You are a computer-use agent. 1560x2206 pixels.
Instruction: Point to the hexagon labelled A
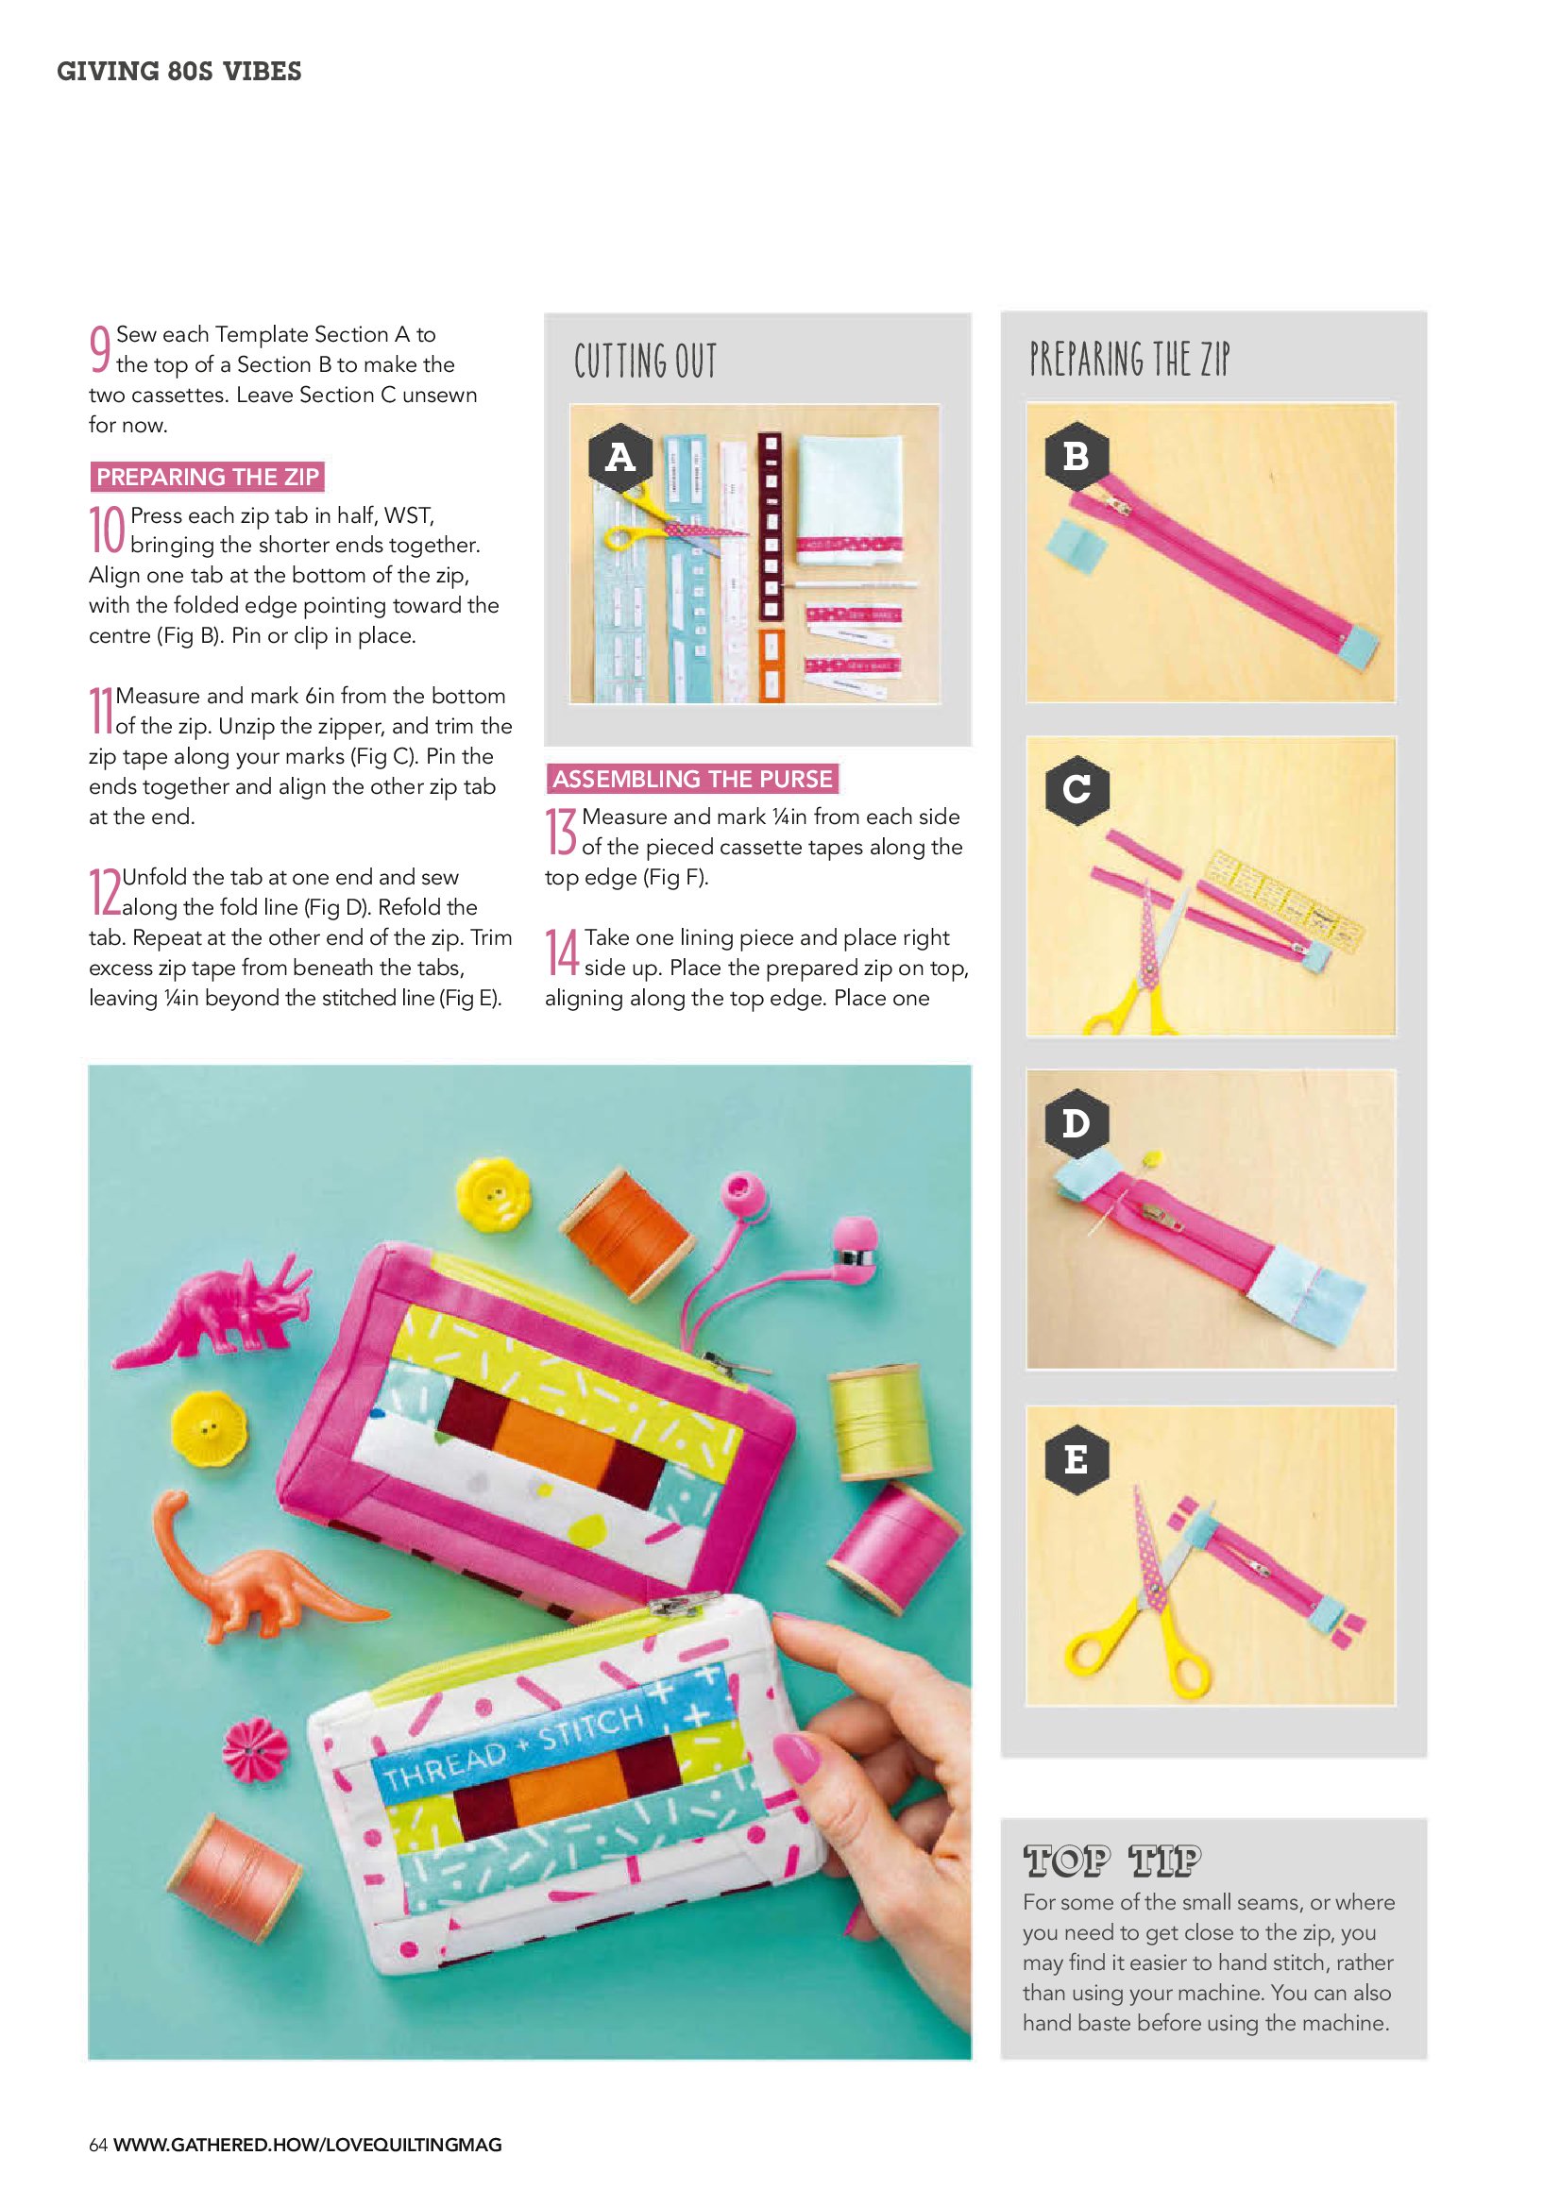tap(620, 455)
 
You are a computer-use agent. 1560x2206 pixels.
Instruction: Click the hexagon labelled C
tap(1077, 789)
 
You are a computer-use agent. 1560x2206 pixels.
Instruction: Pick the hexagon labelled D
tap(1077, 1122)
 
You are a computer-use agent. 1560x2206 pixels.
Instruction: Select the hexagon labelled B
tap(1077, 455)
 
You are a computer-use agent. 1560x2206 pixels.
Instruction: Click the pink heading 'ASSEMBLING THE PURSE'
tap(692, 778)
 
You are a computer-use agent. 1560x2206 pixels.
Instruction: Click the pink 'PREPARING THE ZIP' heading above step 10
tap(207, 477)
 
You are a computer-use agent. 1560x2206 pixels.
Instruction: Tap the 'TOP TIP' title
tap(1112, 1861)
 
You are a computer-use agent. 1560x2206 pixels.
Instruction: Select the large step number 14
tap(562, 951)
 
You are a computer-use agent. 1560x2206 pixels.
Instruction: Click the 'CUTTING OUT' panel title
tap(645, 362)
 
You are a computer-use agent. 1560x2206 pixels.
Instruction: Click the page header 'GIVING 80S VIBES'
tap(178, 71)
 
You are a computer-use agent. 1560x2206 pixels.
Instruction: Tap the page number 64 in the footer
tap(98, 2145)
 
